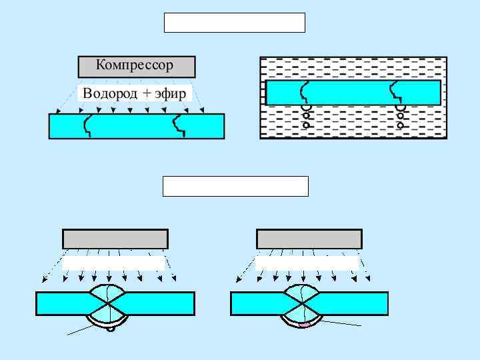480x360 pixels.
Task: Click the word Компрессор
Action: pyautogui.click(x=135, y=65)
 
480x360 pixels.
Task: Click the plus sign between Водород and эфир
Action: pyautogui.click(x=147, y=94)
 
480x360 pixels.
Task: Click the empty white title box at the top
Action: pyautogui.click(x=234, y=23)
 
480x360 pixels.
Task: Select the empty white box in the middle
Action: pyautogui.click(x=235, y=187)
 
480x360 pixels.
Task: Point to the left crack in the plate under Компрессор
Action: pyautogui.click(x=87, y=125)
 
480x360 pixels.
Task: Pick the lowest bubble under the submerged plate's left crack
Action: pyautogui.click(x=307, y=125)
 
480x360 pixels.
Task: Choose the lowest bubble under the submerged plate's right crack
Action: pyautogui.click(x=401, y=125)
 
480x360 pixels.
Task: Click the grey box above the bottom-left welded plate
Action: pyautogui.click(x=115, y=239)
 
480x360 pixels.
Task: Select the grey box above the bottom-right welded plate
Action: pyautogui.click(x=309, y=239)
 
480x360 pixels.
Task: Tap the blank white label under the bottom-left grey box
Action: pyautogui.click(x=113, y=263)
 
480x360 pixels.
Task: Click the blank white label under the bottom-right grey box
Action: pyautogui.click(x=307, y=263)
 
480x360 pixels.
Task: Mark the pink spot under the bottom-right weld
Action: pyautogui.click(x=304, y=325)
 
